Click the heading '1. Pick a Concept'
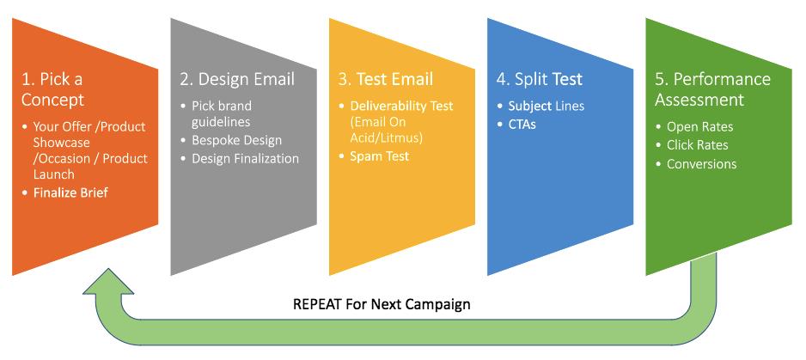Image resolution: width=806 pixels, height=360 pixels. (52, 89)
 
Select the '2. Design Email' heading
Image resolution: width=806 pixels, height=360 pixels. (237, 79)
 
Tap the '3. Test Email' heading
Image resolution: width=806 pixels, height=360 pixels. (386, 79)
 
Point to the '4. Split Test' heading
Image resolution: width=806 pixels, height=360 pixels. (540, 79)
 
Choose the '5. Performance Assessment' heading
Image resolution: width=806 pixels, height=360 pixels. (712, 89)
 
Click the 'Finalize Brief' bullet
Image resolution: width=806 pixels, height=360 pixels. (71, 192)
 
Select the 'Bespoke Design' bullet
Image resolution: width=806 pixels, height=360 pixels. (236, 140)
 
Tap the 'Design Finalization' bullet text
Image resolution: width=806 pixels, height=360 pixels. (245, 158)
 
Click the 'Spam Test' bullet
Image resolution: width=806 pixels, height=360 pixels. (379, 156)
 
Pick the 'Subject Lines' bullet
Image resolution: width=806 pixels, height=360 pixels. (546, 107)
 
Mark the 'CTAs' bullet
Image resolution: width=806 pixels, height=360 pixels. (522, 125)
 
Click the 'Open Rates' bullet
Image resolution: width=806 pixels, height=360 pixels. (700, 127)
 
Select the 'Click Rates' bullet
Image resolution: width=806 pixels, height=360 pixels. (698, 145)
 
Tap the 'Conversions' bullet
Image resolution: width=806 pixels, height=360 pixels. (702, 163)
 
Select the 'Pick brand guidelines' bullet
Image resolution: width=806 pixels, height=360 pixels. (222, 113)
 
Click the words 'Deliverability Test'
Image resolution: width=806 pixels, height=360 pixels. (402, 106)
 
